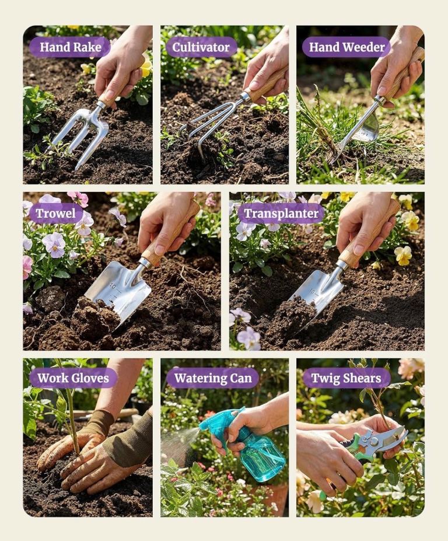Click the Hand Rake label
70,47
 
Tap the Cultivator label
201,47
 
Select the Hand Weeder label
346,47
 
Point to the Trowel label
55,213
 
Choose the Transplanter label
281,213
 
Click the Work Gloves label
73,378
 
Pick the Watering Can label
213,378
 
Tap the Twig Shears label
346,378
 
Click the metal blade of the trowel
119,288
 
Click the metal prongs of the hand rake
81,133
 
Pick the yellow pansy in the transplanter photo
403,254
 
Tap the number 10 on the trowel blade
113,286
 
